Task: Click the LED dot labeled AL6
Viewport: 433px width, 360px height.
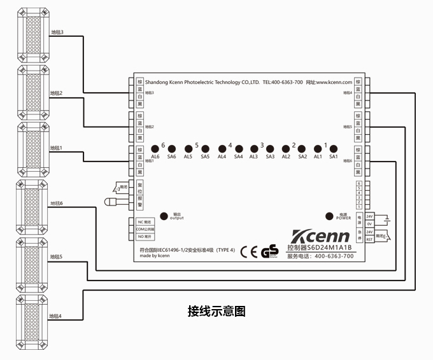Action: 155,148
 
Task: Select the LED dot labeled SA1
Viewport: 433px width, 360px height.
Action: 333,148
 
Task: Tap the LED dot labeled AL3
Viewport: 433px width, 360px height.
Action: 254,148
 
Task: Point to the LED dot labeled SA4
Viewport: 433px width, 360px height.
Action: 238,148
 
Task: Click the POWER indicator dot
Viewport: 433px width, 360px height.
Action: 330,215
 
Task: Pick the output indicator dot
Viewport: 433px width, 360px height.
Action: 164,216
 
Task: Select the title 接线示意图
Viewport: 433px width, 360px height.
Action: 216,312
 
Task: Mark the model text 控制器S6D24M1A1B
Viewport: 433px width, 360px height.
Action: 319,247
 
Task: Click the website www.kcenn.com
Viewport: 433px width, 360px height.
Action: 338,83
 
